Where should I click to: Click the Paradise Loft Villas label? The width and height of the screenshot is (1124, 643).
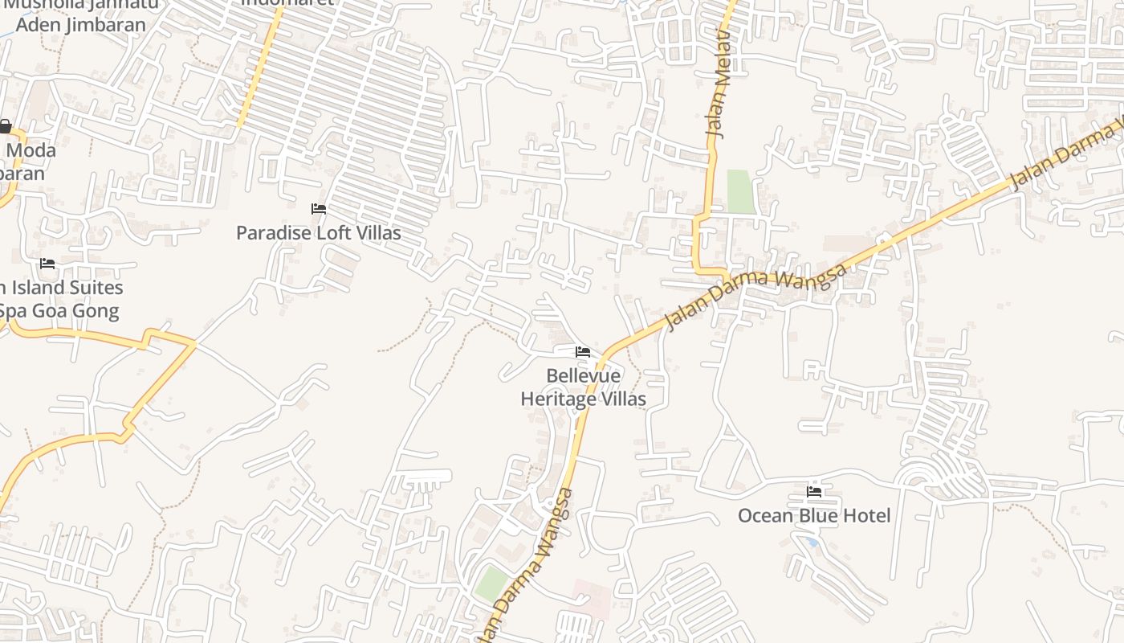coord(318,233)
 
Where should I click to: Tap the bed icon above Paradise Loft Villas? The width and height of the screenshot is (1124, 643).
coord(319,209)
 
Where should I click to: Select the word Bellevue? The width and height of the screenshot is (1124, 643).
coord(583,375)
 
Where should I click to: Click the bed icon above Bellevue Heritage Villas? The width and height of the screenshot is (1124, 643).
coord(583,352)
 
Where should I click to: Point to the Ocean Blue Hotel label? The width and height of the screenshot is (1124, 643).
coord(814,516)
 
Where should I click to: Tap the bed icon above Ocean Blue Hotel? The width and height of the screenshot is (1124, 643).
coord(814,492)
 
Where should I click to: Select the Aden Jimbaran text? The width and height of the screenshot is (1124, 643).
coord(81,24)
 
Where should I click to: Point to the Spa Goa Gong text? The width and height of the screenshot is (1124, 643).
coord(59,311)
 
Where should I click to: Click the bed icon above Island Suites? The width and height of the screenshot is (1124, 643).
coord(47,264)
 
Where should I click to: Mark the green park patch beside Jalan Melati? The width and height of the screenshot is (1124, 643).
coord(740,191)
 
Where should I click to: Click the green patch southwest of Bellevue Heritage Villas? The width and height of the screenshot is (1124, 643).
coord(491,584)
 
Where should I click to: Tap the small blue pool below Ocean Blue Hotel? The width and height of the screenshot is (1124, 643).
coord(812,543)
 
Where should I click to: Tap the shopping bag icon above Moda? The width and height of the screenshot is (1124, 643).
coord(5,126)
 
